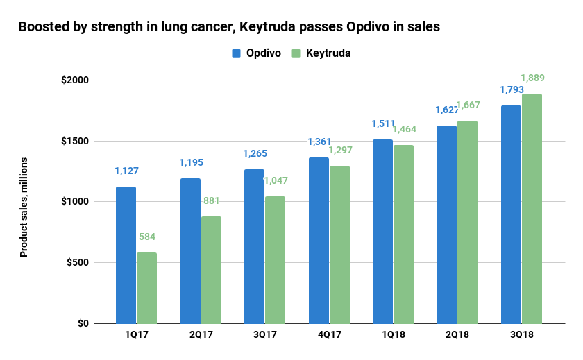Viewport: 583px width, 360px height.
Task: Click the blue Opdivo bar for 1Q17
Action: [x=126, y=255]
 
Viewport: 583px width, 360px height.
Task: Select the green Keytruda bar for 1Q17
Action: [x=146, y=288]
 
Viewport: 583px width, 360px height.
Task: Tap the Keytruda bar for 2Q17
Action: [x=211, y=270]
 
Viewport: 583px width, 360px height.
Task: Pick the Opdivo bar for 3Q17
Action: [x=254, y=246]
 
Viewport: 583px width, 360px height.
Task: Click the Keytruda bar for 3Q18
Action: [x=532, y=208]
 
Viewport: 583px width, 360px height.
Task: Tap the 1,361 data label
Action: [x=320, y=142]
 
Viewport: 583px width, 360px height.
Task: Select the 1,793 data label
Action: [x=512, y=89]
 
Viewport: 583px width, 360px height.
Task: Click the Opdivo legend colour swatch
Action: [x=235, y=53]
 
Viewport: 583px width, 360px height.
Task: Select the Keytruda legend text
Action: [x=329, y=53]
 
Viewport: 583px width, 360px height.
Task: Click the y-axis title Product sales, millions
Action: [x=24, y=207]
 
